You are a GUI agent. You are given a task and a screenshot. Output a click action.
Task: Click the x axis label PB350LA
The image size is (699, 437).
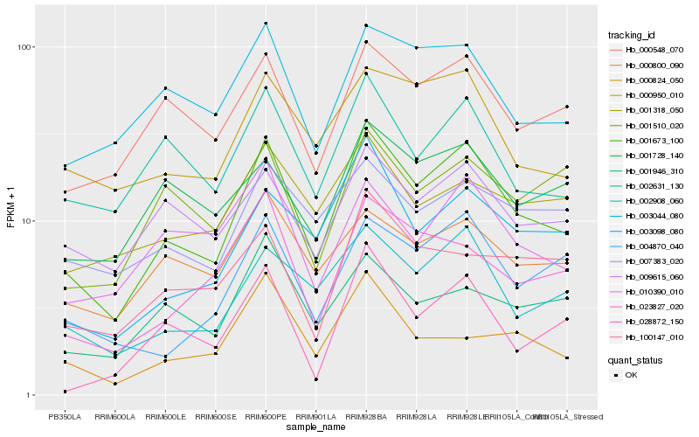coord(65,416)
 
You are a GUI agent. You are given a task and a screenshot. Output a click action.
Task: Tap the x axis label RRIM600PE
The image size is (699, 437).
coord(266,416)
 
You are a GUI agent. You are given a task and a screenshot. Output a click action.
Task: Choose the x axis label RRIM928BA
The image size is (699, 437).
coord(366,416)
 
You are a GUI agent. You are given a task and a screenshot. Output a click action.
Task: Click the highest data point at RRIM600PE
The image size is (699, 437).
coord(266,24)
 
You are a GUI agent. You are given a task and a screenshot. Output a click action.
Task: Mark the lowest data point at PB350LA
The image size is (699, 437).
coord(65,392)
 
